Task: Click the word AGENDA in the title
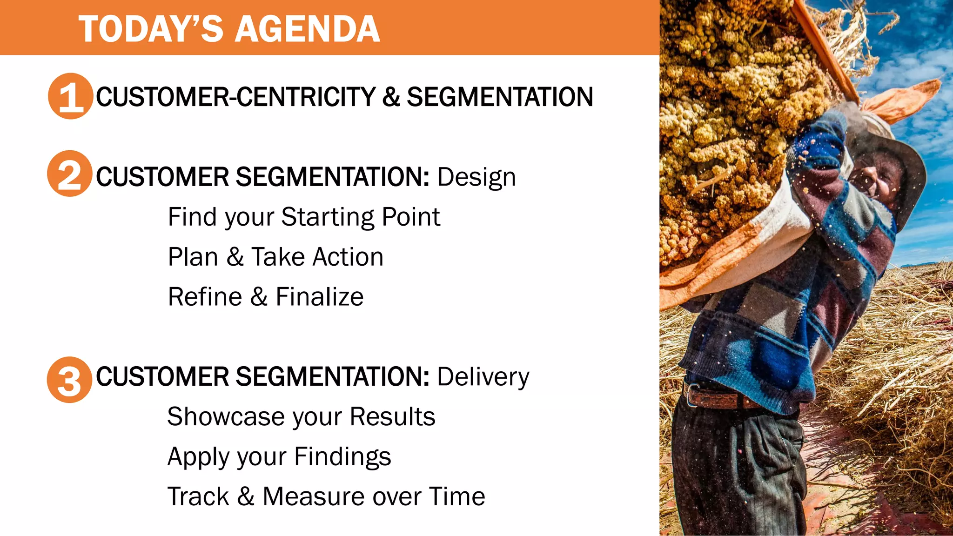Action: tap(308, 29)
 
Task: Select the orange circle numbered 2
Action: tap(70, 174)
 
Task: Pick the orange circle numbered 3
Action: tap(69, 380)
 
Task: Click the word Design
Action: tap(476, 177)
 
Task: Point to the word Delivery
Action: tap(483, 377)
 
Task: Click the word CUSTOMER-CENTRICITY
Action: tap(235, 97)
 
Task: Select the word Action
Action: tap(349, 257)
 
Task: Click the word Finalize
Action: tap(319, 297)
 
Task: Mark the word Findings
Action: tap(342, 457)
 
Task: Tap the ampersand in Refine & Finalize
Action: tap(259, 297)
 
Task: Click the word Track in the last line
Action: tap(198, 496)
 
